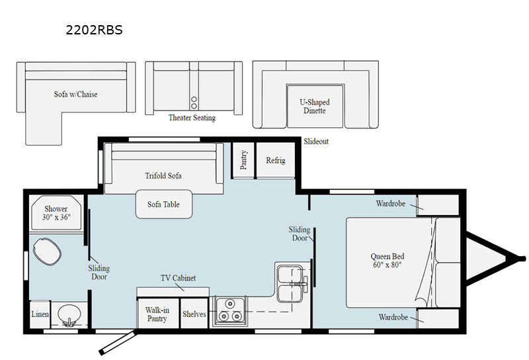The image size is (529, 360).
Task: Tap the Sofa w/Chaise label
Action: (x=75, y=94)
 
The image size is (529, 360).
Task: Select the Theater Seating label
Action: (x=192, y=118)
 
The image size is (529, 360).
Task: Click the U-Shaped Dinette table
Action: (x=315, y=106)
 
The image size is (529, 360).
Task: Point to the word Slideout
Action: (x=316, y=142)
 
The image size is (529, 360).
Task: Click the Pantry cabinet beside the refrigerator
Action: (x=243, y=160)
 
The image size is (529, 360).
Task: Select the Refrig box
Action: (x=275, y=160)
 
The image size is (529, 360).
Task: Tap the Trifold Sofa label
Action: (x=163, y=176)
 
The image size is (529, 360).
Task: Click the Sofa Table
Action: (x=163, y=204)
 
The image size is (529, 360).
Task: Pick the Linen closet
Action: (x=40, y=314)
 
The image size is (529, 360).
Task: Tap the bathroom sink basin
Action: (x=67, y=314)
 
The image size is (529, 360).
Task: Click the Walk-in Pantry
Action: (x=157, y=314)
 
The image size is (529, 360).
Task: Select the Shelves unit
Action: (x=194, y=314)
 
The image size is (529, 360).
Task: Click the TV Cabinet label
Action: (x=179, y=279)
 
